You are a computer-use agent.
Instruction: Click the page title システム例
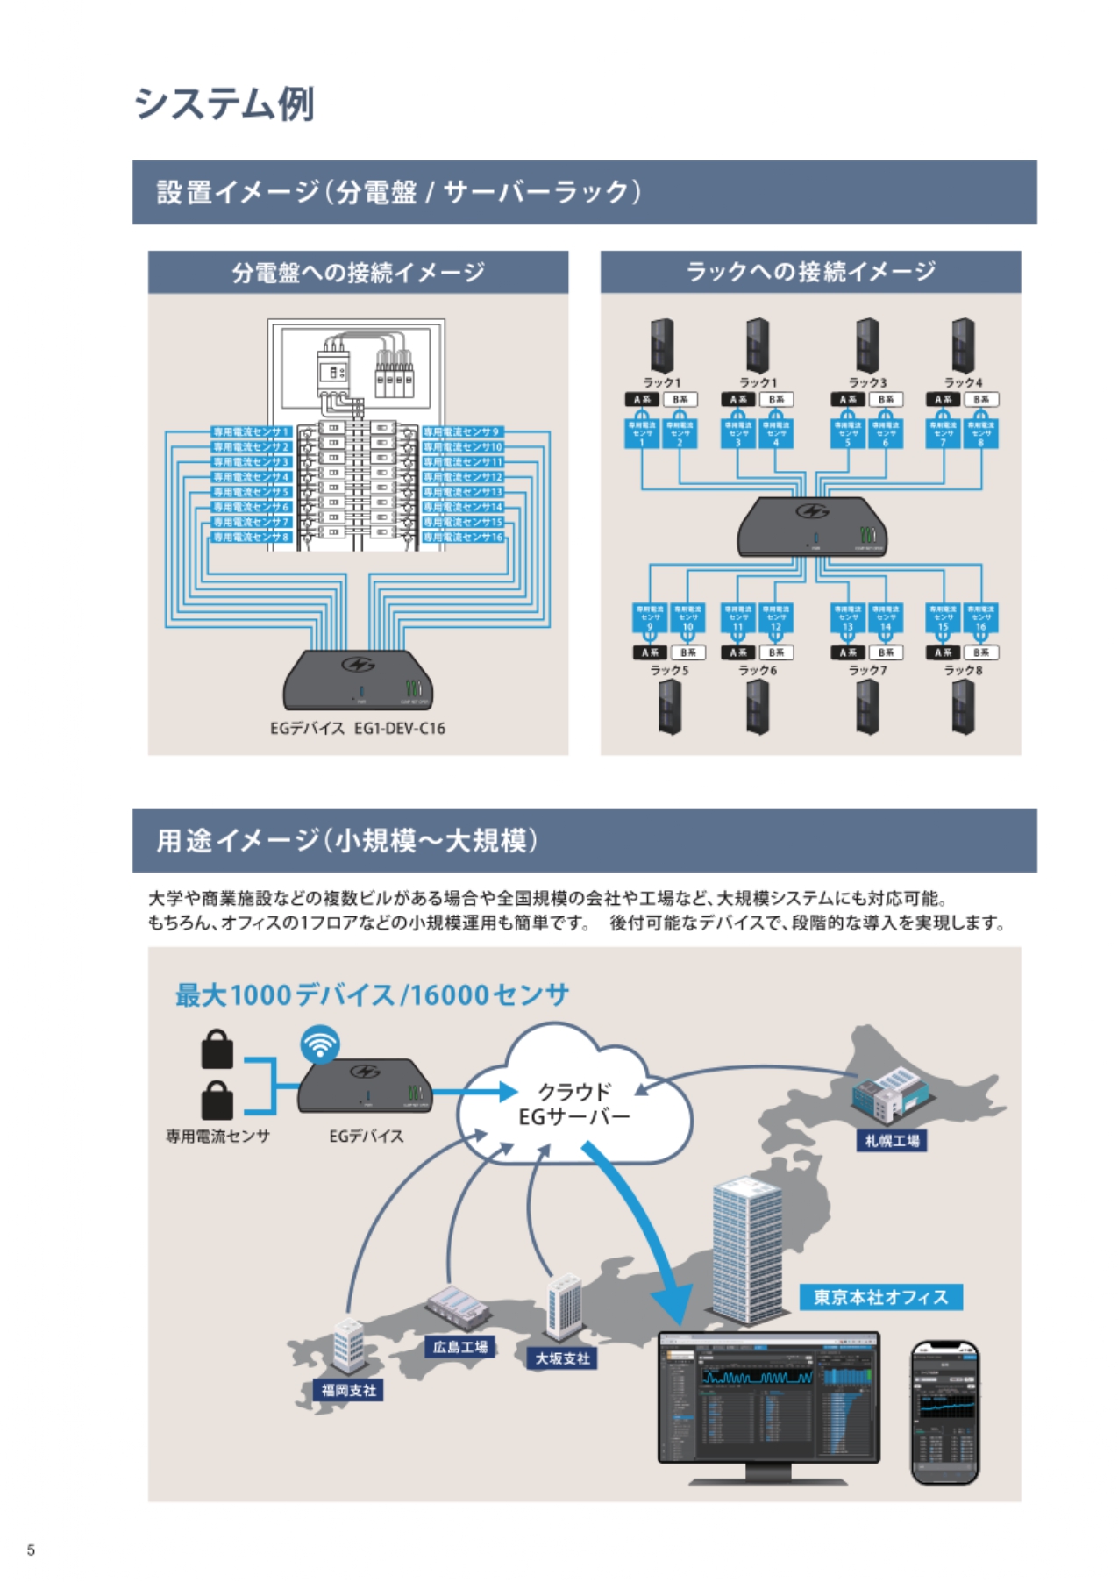coord(224,104)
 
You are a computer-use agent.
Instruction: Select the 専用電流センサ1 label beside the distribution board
coord(251,431)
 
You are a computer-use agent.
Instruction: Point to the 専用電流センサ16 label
coord(463,537)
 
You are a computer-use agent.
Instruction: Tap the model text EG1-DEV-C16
coord(400,728)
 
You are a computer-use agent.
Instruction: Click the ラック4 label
coord(963,382)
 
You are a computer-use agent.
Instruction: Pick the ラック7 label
coord(867,670)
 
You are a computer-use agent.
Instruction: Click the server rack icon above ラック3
coord(867,346)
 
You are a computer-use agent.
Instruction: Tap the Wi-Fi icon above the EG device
coord(320,1044)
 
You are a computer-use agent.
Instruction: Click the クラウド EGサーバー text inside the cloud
coord(573,1104)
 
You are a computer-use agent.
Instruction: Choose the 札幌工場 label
coord(892,1140)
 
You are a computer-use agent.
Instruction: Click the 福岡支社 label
coord(348,1390)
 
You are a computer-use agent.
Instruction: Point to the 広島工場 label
coord(460,1346)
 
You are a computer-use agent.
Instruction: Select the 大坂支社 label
coord(563,1358)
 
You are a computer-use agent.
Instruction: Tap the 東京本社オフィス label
coord(880,1297)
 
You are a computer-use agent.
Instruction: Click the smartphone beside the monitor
coord(944,1412)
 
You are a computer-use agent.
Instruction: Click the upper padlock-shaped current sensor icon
coord(217,1049)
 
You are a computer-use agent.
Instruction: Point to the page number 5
coord(32,1550)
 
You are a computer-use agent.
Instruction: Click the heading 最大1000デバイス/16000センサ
coord(372,994)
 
